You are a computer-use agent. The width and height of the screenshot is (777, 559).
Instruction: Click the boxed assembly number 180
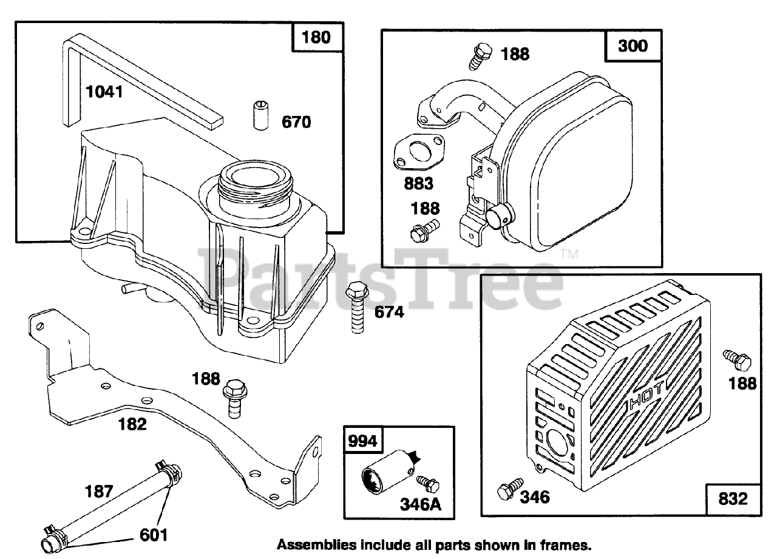click(317, 37)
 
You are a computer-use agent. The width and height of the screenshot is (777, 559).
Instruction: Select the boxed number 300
click(633, 46)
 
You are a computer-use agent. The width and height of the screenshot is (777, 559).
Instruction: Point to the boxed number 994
click(362, 441)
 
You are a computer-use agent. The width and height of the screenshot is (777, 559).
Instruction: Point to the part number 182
click(132, 424)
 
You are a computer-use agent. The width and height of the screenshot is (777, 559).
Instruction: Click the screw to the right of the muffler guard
click(731, 359)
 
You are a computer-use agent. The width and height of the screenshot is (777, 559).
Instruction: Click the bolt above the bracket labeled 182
click(233, 395)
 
